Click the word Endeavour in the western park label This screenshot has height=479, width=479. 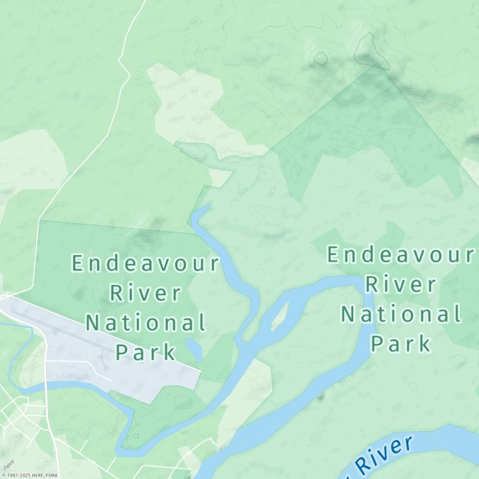[145, 263]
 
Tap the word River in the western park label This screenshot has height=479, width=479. [145, 293]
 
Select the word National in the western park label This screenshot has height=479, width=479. [145, 323]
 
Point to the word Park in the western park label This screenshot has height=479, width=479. [145, 351]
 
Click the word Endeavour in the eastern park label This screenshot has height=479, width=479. [401, 255]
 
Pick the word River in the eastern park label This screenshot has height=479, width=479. [401, 284]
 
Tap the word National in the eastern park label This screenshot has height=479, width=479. [401, 314]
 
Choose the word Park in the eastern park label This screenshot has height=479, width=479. [401, 343]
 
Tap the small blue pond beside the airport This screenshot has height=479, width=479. [193, 348]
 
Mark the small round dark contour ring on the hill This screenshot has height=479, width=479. [321, 59]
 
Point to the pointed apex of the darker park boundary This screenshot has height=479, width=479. [375, 64]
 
